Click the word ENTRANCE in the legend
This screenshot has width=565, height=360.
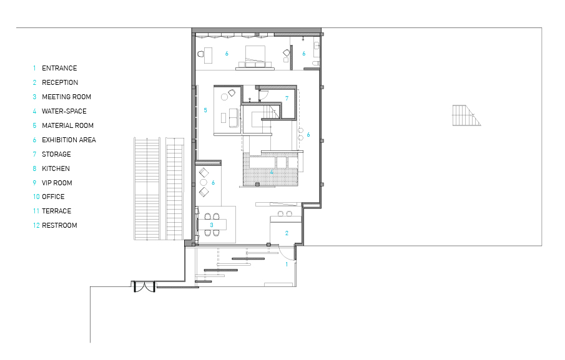click(x=59, y=68)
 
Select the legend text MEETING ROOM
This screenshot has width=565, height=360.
click(x=66, y=97)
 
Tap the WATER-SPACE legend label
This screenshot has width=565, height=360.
click(x=64, y=111)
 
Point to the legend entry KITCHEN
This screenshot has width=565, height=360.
click(x=56, y=168)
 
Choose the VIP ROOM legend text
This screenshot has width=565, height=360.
click(x=57, y=183)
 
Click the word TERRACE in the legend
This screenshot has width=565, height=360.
click(x=57, y=211)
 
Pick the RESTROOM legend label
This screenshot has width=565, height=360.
click(x=59, y=225)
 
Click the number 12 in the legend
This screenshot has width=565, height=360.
click(x=36, y=225)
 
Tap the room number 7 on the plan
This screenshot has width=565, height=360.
click(x=287, y=99)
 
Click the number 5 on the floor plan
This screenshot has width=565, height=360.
click(x=205, y=110)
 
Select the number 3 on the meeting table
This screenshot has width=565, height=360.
click(x=212, y=225)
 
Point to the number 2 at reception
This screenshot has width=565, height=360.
click(x=287, y=233)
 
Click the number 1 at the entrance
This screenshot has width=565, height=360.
click(x=287, y=265)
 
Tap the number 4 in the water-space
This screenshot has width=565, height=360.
click(x=272, y=172)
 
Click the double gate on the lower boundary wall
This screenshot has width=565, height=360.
click(x=144, y=286)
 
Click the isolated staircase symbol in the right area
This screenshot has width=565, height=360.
click(x=466, y=115)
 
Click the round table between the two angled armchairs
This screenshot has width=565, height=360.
click(x=204, y=182)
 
